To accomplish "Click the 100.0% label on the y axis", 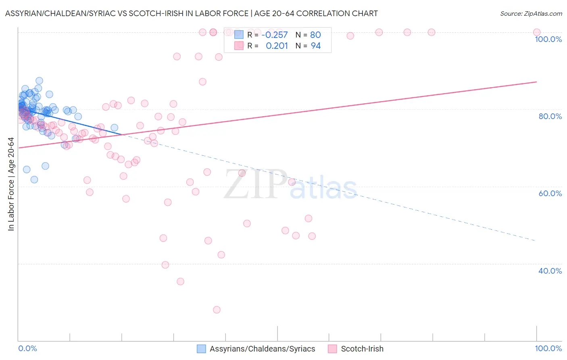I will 548,39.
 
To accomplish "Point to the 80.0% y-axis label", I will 550,116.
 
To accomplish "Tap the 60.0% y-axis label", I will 550,193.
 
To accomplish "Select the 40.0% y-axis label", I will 550,271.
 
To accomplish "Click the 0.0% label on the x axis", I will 27,348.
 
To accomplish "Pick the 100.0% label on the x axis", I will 548,348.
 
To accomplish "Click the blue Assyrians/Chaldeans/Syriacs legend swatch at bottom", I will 201,349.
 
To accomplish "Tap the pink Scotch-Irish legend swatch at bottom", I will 332,349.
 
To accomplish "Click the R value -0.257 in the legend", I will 275,35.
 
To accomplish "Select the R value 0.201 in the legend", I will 277,46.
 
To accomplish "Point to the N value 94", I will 316,46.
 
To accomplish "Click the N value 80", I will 315,35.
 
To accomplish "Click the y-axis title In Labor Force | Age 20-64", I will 11,184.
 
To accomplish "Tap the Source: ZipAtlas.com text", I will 531,14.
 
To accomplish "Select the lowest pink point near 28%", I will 217,310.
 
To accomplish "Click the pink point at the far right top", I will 536,32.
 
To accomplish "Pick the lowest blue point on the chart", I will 34,180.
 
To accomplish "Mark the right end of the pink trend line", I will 536,82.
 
